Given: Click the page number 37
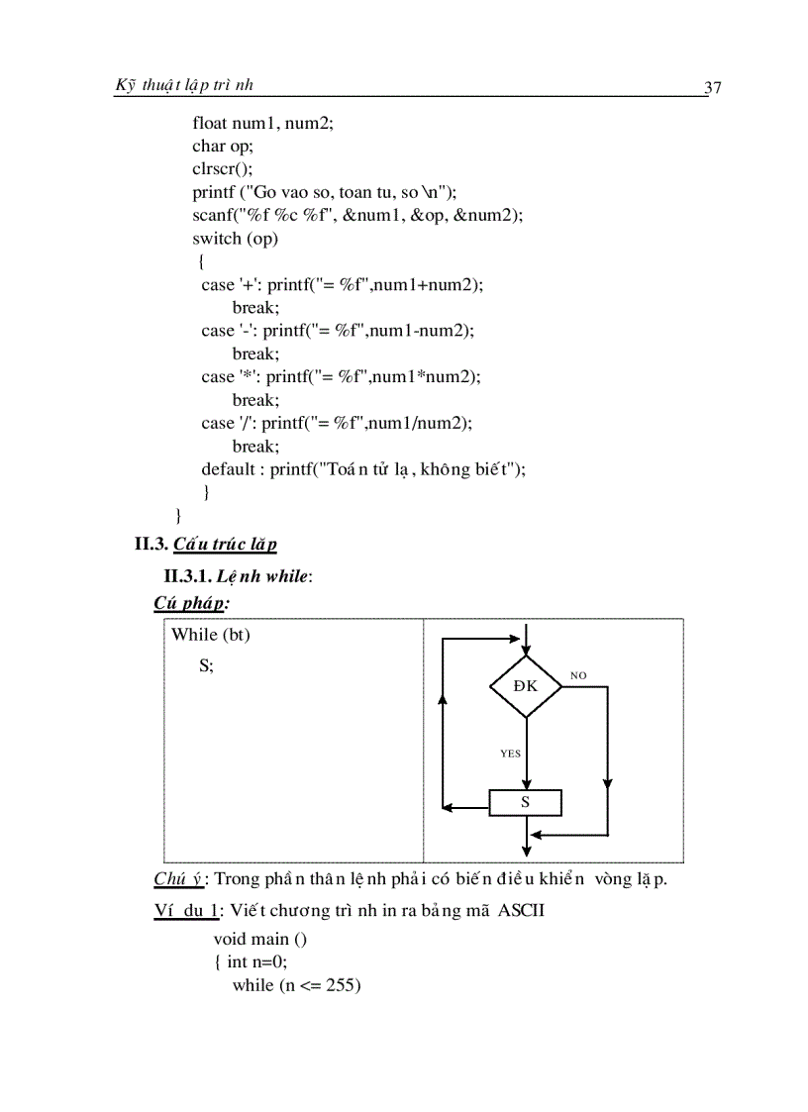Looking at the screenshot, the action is [712, 88].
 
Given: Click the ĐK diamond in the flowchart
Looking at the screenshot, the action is [526, 685].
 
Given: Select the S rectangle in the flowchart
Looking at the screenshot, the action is [525, 802].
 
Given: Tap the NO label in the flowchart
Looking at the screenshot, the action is [578, 675].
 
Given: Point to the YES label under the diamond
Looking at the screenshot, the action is [510, 754].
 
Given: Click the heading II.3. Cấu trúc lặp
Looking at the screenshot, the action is [206, 544].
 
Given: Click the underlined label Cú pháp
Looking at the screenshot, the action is [190, 602].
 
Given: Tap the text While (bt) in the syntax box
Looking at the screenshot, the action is [211, 635].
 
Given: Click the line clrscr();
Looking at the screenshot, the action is [222, 168].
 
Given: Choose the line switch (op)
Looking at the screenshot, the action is [235, 239].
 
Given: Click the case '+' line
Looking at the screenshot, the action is [342, 285].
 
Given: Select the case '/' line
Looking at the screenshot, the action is [337, 423].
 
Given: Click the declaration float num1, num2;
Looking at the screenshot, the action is [262, 123].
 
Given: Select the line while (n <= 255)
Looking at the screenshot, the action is [296, 985].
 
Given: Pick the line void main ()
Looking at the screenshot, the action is [260, 939].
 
